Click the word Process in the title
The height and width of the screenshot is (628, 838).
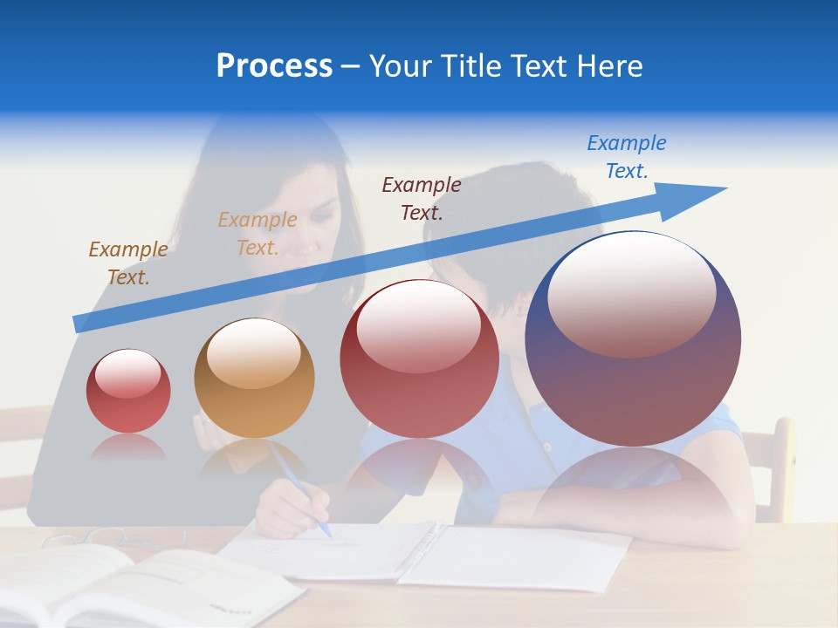point(274,66)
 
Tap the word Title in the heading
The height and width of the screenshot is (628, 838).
point(471,66)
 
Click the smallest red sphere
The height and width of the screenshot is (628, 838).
point(128,392)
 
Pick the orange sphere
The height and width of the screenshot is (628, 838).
point(254,379)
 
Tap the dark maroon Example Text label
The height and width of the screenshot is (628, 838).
point(422,199)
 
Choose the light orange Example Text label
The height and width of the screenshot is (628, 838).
point(258,234)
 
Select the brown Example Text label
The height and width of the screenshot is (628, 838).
point(128,263)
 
